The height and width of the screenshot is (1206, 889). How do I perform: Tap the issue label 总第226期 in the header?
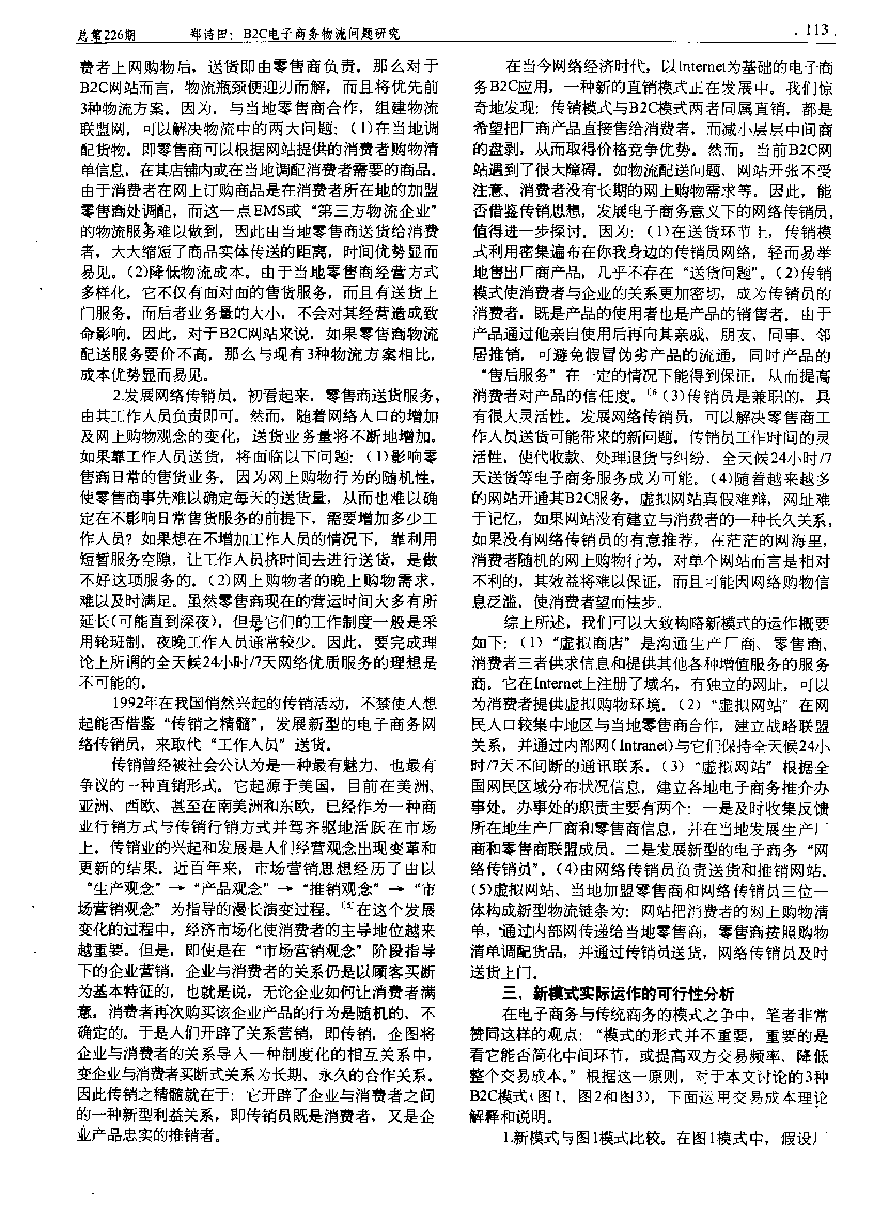click(x=105, y=35)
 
